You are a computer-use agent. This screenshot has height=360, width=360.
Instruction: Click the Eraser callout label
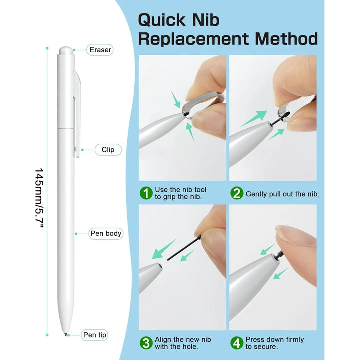point(100,50)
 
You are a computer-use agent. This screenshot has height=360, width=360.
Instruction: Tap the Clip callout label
point(108,150)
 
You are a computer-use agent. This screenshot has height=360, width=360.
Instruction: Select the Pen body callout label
point(106,233)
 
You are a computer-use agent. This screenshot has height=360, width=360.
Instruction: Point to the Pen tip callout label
point(94,335)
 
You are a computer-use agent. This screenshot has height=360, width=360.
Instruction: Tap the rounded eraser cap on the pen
point(66,50)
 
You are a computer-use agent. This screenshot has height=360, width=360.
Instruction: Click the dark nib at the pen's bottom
point(66,334)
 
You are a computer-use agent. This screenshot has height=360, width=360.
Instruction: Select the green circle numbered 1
point(146,193)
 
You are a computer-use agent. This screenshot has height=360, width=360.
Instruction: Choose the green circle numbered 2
point(237,193)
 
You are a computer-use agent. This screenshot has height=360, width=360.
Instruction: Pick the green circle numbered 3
point(146,343)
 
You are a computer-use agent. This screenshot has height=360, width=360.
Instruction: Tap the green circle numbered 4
point(237,343)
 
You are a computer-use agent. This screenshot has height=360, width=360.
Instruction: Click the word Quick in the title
point(162,20)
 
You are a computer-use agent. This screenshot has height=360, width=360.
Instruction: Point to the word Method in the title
point(286,39)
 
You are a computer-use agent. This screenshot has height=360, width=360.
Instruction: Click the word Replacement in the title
point(193,39)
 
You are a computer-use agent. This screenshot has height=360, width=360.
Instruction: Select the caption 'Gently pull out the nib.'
point(282,194)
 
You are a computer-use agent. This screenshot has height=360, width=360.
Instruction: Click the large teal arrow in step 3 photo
point(164,249)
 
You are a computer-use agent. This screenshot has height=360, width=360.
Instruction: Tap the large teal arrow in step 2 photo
point(254,118)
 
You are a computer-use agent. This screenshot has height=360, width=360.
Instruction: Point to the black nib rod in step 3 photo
point(183,249)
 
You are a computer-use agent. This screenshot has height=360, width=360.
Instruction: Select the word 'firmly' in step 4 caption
point(293,339)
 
